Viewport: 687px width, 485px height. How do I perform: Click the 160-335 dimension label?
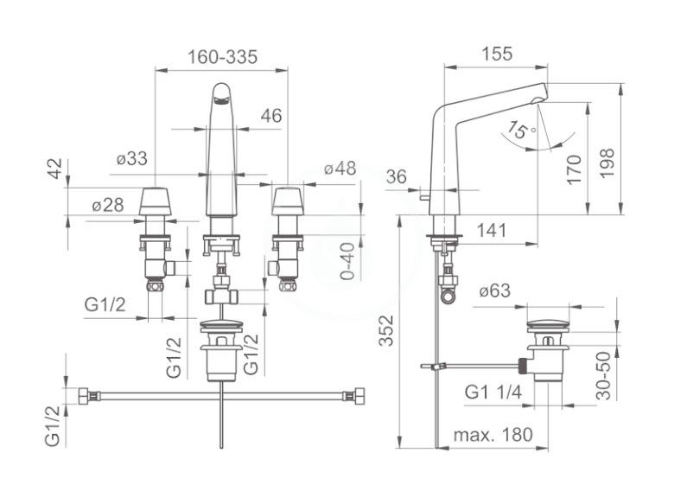coord(223,57)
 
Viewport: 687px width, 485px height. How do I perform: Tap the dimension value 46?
coord(271,116)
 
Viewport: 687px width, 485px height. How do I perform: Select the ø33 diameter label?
coord(132,158)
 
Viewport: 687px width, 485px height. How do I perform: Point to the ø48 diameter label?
coord(340,168)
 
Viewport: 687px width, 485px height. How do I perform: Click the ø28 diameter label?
coord(108,205)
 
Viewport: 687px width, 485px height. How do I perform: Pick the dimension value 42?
coord(55,169)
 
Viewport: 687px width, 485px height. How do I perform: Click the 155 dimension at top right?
coord(497,54)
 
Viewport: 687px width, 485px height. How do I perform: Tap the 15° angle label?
coord(520,130)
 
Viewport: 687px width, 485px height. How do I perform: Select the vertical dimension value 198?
coord(607,163)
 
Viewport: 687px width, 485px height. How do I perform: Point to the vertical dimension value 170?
coord(574,169)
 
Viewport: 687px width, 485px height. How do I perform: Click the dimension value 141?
coord(491,230)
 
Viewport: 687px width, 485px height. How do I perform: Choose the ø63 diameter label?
coord(495,290)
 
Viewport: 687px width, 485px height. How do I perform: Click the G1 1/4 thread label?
coord(493,392)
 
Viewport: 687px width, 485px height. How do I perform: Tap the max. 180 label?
coord(493,435)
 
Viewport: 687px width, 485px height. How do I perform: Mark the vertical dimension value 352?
coord(386,331)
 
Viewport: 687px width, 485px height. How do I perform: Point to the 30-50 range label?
coord(604,376)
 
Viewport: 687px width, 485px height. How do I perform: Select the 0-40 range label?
coord(347,261)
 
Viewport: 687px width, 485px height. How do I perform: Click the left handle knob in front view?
coord(155,201)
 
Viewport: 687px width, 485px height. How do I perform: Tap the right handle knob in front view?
coord(288,201)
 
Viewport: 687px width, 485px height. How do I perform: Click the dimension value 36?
coord(397,176)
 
